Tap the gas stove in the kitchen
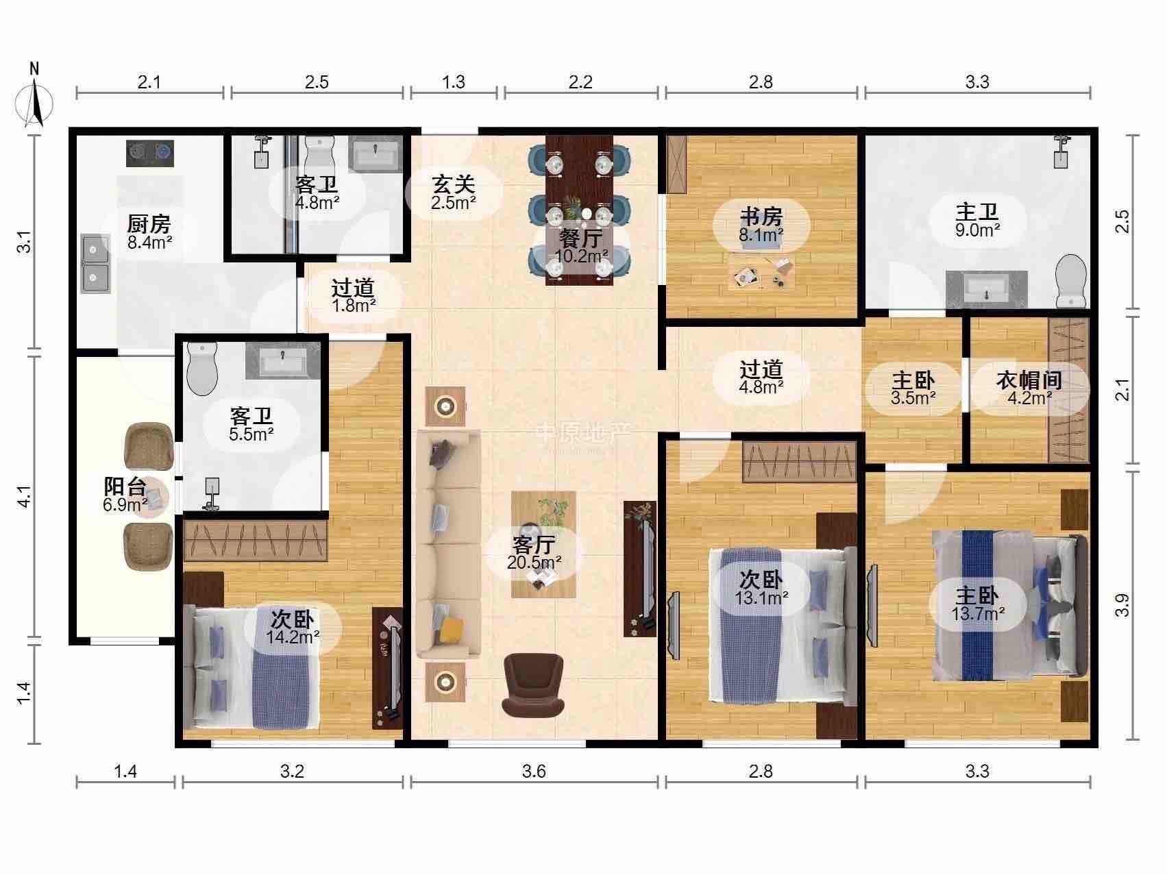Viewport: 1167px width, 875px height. pyautogui.click(x=150, y=153)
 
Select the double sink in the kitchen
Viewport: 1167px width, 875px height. pyautogui.click(x=95, y=264)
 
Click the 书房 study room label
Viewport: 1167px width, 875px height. pyautogui.click(x=761, y=218)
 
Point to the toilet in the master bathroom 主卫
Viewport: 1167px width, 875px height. pyautogui.click(x=1071, y=282)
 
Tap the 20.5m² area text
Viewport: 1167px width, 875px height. pyautogui.click(x=535, y=563)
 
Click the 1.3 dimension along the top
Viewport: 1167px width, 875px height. pyautogui.click(x=454, y=82)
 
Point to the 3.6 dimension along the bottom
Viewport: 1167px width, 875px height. pyautogui.click(x=534, y=772)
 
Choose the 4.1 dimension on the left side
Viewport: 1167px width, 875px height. pyautogui.click(x=25, y=496)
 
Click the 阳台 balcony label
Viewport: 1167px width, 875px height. pyautogui.click(x=125, y=487)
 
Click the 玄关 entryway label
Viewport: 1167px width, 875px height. pyautogui.click(x=454, y=184)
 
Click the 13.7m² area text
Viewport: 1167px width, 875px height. pyautogui.click(x=978, y=613)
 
